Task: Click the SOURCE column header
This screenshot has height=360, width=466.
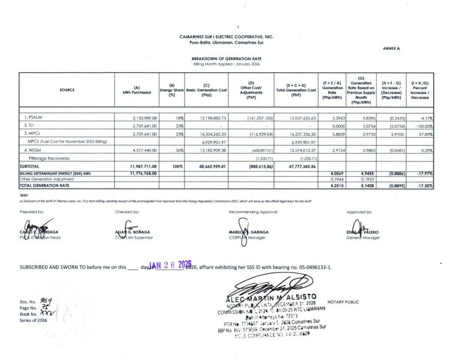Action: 68,90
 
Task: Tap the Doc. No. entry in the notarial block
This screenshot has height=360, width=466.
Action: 31,301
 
